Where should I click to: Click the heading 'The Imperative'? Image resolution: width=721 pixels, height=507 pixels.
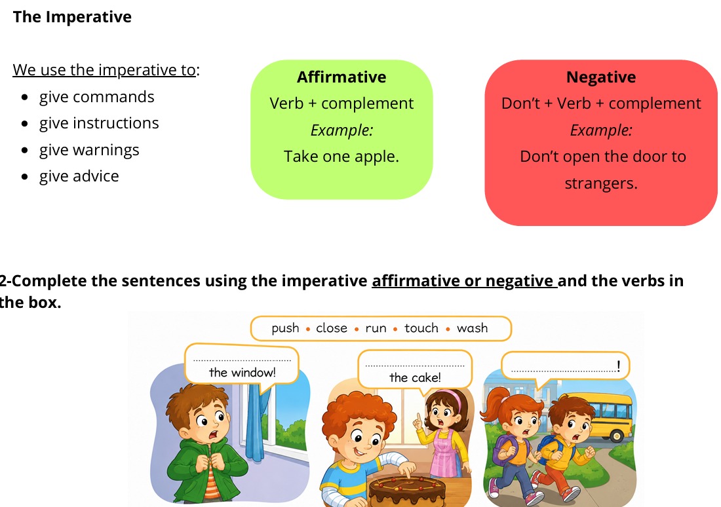[x=72, y=17]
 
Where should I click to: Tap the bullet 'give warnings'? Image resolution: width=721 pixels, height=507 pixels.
[x=89, y=150]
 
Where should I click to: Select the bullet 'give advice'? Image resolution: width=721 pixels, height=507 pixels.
[x=79, y=176]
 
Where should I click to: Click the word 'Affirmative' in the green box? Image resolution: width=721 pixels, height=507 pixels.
[x=341, y=77]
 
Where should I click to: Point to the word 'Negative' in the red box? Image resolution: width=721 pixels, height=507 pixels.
[x=601, y=77]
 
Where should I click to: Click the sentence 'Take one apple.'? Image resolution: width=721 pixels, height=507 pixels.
[x=341, y=157]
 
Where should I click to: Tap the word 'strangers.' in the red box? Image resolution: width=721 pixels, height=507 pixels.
[x=601, y=183]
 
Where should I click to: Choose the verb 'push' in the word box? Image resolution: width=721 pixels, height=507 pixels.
[x=285, y=328]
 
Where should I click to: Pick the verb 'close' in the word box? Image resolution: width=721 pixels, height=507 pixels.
[x=332, y=328]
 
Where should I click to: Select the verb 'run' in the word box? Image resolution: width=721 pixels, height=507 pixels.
[x=376, y=328]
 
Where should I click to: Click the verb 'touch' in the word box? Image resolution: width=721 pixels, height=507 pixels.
[x=421, y=328]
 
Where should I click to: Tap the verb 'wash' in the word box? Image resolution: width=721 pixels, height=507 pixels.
[x=472, y=328]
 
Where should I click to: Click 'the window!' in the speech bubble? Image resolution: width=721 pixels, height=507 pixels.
[x=243, y=372]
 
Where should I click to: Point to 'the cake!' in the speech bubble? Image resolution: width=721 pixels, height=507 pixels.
[x=415, y=377]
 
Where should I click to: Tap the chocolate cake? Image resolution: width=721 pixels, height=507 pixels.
[x=407, y=491]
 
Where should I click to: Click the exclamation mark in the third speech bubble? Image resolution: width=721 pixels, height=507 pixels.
[x=619, y=366]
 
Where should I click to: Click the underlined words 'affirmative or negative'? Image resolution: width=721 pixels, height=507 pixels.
[x=465, y=281]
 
